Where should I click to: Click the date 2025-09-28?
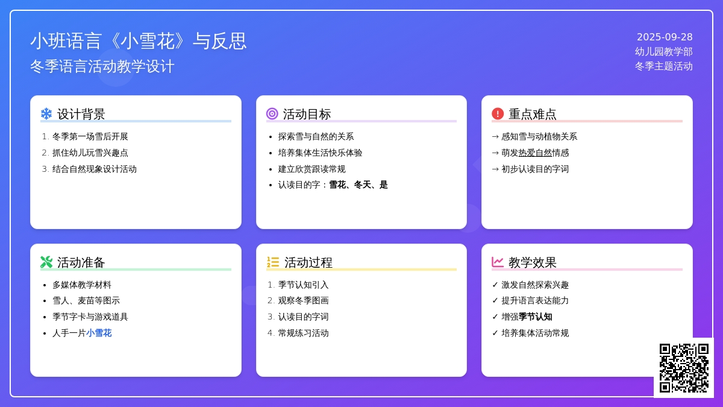pos(665,37)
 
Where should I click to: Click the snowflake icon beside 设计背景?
pos(46,114)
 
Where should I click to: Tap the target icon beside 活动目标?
pos(272,114)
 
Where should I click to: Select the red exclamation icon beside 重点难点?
pos(498,114)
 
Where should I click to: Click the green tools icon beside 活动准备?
pos(46,262)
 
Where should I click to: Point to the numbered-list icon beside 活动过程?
pos(273,262)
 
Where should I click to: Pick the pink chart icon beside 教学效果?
pos(498,262)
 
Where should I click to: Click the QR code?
pos(684,368)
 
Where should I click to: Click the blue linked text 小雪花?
pos(99,333)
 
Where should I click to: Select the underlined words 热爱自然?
pos(535,153)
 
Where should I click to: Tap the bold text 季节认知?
pos(535,317)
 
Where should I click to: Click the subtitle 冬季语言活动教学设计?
pos(102,66)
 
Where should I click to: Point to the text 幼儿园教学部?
pos(663,52)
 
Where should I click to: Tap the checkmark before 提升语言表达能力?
pos(495,301)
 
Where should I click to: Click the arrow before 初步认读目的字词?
pos(495,169)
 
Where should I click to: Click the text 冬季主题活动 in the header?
pos(663,66)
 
